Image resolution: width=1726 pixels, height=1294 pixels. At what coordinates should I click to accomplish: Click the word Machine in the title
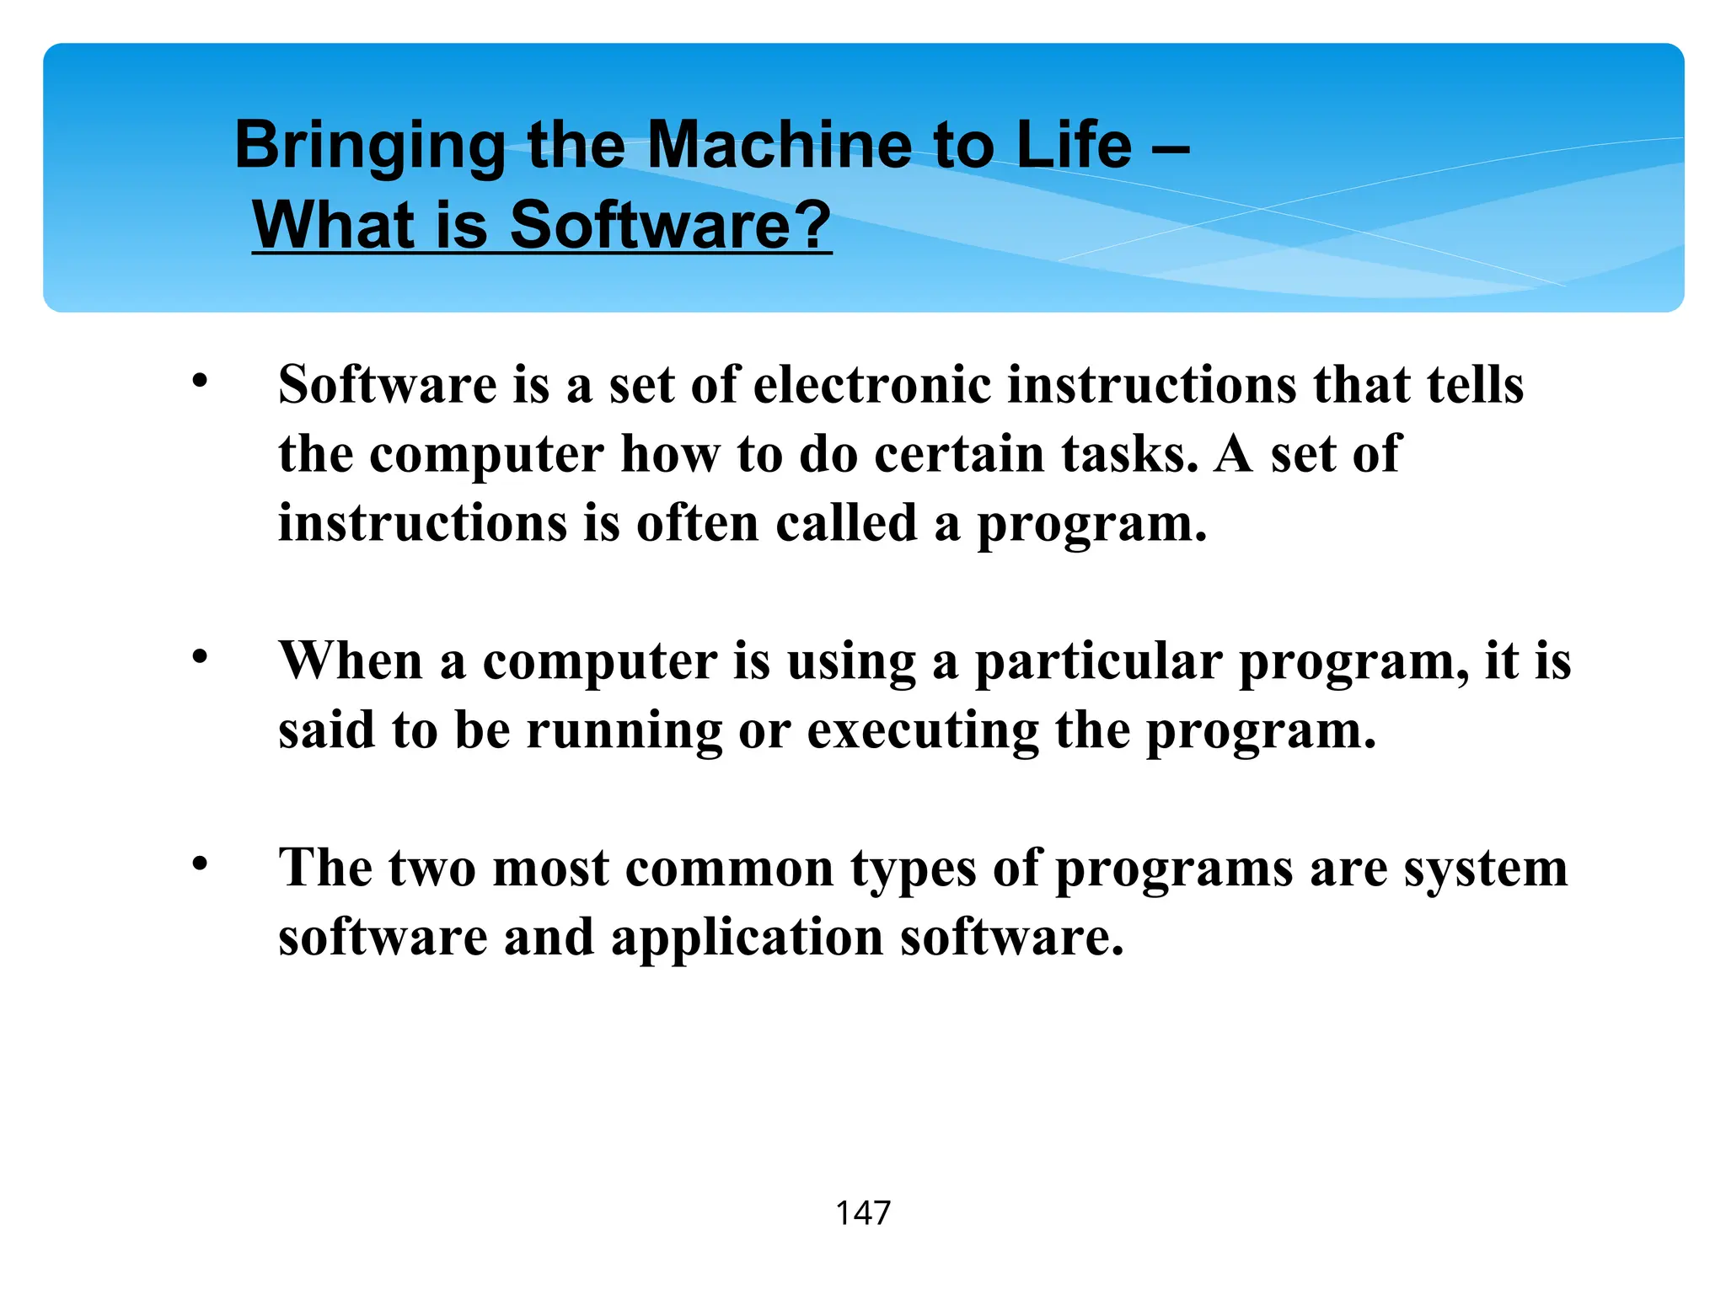point(779,145)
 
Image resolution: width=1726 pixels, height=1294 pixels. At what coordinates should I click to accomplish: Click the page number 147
point(862,1213)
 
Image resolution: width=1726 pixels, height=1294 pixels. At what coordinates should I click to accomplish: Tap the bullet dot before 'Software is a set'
point(199,382)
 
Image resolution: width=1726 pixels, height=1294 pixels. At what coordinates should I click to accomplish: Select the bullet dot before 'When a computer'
point(199,657)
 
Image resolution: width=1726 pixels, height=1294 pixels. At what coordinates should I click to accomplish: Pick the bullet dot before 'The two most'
point(199,864)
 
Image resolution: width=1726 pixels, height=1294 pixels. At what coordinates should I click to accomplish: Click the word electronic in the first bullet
point(871,385)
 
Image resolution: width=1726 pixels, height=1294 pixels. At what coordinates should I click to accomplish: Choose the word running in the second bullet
point(624,731)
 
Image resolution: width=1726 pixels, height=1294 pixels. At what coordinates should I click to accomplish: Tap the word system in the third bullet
point(1485,870)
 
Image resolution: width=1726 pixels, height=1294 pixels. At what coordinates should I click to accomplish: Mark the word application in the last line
point(747,938)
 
